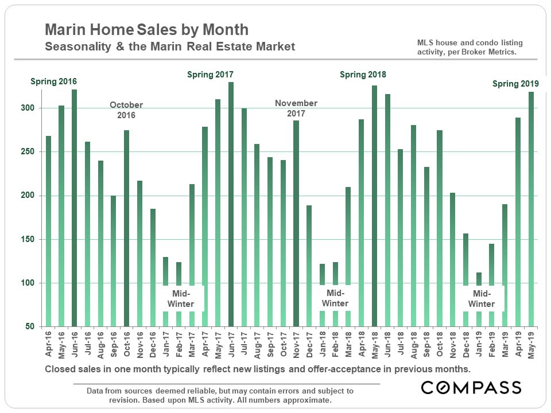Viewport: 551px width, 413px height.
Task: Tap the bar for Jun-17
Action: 231,204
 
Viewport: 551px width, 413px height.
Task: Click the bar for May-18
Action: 374,206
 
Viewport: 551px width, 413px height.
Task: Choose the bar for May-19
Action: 531,209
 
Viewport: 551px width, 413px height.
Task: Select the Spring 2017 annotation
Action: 211,75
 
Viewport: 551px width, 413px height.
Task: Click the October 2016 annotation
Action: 126,110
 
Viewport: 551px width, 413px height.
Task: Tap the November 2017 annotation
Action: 296,108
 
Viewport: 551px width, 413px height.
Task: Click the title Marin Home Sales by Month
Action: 147,30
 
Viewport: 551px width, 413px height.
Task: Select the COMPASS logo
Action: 471,387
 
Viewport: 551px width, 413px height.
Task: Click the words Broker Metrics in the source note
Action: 489,52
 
